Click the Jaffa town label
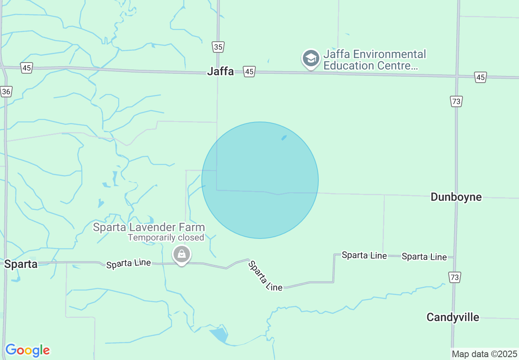pos(220,71)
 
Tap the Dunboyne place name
pos(456,197)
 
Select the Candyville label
pos(453,317)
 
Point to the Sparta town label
pos(21,264)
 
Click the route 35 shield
pos(218,47)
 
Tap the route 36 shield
pos(6,92)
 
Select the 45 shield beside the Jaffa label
pos(249,72)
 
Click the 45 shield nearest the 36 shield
pos(27,68)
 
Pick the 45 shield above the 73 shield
pos(481,77)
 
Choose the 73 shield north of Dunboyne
pos(456,101)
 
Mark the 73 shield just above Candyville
pos(454,277)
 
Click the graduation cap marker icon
pos(311,59)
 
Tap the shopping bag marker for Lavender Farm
pos(182,254)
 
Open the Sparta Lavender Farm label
pos(149,227)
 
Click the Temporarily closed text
pos(166,237)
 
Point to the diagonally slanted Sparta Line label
pos(265,276)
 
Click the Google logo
pos(27,350)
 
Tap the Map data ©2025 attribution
pos(485,354)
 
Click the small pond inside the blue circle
pos(284,138)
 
